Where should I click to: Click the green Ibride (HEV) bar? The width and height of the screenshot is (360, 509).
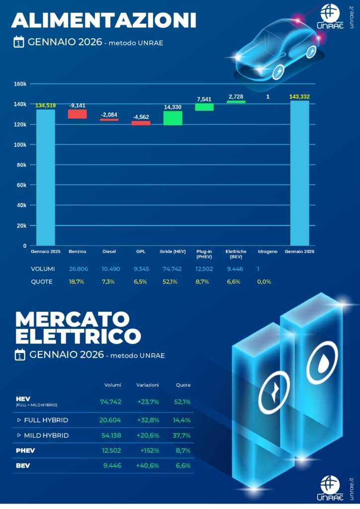click(173, 118)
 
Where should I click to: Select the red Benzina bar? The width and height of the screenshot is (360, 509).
click(77, 114)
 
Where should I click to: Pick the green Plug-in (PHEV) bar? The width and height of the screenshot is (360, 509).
click(204, 107)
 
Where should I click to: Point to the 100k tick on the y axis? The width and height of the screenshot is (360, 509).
click(20, 145)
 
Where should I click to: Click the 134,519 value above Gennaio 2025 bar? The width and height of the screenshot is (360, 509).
click(45, 105)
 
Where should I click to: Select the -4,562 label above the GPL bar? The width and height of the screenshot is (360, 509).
click(141, 117)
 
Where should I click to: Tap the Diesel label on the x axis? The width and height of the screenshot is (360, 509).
click(109, 252)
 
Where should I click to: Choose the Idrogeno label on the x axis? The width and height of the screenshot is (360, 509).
click(268, 252)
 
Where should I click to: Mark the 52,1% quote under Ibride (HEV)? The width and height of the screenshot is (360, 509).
click(172, 281)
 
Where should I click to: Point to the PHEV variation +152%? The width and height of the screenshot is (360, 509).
click(149, 450)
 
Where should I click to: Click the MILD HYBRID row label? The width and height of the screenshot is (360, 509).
click(46, 435)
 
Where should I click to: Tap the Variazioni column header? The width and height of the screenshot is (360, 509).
click(147, 385)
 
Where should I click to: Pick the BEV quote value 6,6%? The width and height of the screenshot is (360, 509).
click(182, 466)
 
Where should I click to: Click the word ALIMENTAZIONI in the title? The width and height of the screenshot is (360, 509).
click(103, 20)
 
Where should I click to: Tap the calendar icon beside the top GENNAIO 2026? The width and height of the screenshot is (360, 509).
click(19, 42)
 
